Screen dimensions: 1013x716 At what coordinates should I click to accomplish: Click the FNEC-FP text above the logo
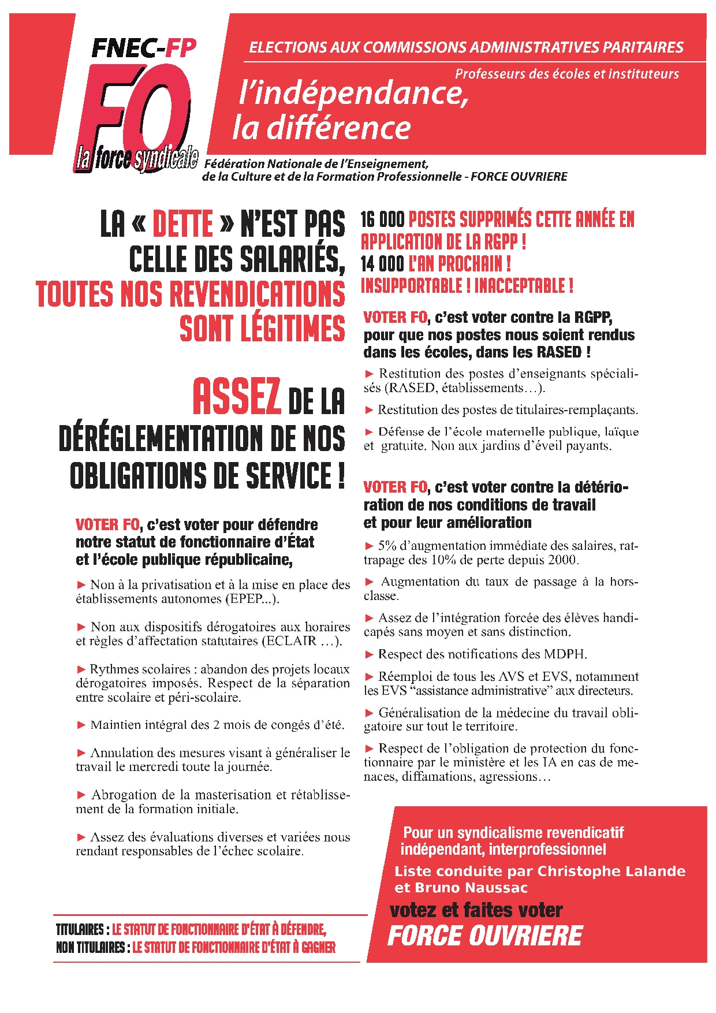[144, 49]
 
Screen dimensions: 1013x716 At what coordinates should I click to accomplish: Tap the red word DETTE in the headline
[183, 224]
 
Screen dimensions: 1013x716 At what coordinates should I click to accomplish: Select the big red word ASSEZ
[237, 397]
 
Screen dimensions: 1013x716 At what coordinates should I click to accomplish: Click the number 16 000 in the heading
[382, 220]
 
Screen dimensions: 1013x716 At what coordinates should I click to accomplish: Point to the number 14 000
[382, 264]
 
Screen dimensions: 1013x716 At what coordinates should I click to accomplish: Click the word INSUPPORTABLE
[412, 286]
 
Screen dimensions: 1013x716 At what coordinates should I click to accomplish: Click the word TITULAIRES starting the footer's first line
[80, 930]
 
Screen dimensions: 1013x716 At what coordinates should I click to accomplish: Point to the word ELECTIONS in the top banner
[288, 47]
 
